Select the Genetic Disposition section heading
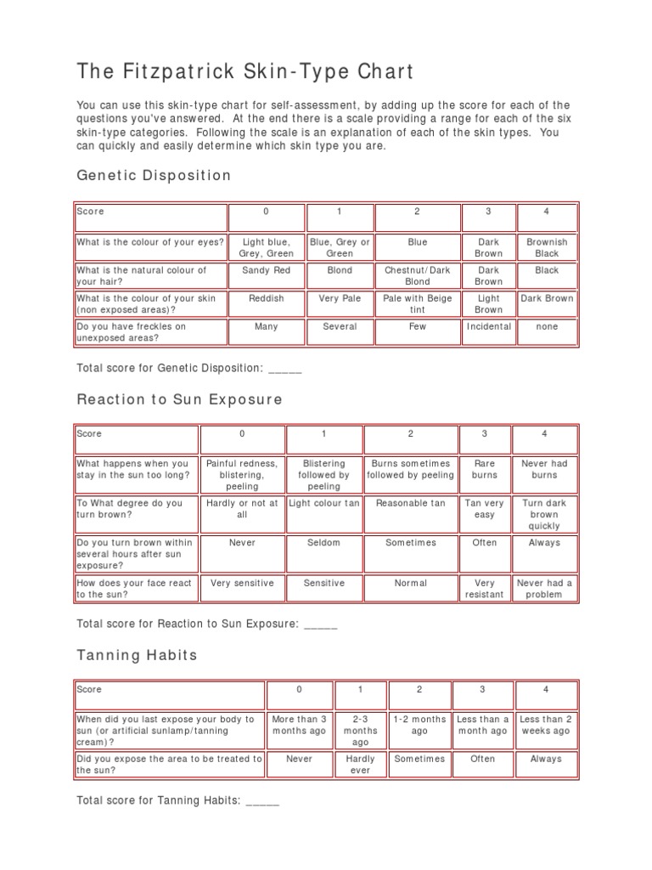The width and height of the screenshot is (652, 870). tap(154, 175)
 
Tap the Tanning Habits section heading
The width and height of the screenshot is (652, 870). tap(137, 655)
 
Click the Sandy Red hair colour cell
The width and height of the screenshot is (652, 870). tap(267, 270)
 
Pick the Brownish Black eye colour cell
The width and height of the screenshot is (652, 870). tap(547, 247)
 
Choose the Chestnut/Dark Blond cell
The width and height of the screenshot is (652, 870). tap(417, 275)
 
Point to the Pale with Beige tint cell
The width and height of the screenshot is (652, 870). tap(417, 304)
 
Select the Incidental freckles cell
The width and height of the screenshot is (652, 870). tap(489, 326)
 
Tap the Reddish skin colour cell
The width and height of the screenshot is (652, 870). tap(267, 298)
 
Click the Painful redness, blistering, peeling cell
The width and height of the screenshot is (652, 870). tap(242, 475)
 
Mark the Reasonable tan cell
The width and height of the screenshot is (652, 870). tap(411, 503)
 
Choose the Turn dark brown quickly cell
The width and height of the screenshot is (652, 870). tap(544, 514)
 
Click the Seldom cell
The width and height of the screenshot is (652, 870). tap(323, 542)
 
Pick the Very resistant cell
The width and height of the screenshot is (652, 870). tap(485, 589)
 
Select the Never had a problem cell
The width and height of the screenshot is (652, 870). tap(544, 589)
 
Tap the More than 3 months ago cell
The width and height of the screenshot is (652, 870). tap(299, 725)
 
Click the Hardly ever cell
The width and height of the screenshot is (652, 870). tap(361, 765)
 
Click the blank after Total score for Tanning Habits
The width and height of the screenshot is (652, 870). tap(262, 800)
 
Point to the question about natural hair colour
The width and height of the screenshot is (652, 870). tap(142, 275)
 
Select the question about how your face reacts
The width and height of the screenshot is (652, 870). tap(134, 589)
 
